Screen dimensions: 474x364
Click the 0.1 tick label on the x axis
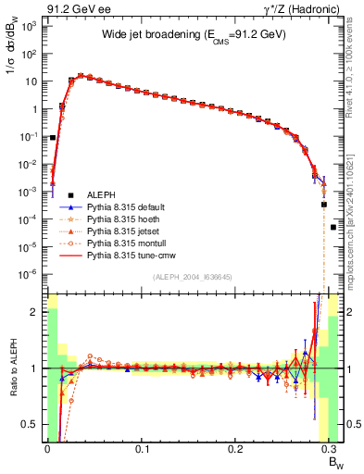[143, 447]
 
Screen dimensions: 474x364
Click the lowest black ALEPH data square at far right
[333, 227]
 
